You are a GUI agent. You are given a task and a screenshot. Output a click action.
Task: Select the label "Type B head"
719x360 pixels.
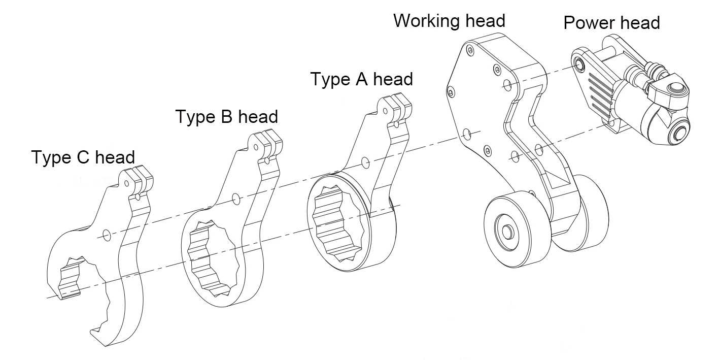tap(226, 116)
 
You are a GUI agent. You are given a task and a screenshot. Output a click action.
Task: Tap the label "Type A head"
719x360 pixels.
tap(361, 79)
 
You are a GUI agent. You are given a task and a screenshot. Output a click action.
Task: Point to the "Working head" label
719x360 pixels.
tap(449, 21)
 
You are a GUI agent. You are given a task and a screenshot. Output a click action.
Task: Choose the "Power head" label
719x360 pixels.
tap(611, 23)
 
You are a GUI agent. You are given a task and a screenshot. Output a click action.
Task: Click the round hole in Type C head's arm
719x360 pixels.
tap(107, 235)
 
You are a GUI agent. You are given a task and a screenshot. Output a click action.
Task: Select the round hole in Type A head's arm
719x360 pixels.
tap(366, 162)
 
